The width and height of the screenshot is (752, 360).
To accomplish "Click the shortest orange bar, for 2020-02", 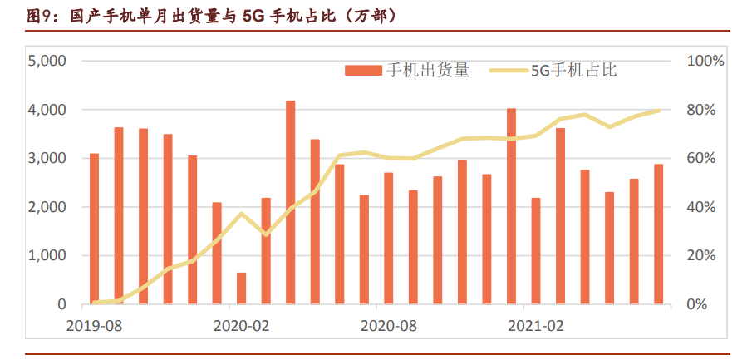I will pos(242,288).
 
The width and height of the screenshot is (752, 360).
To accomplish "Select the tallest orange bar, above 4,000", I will pos(291,202).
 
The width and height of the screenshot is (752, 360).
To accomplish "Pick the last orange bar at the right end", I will pos(659,234).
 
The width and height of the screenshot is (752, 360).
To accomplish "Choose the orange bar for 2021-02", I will pos(536,251).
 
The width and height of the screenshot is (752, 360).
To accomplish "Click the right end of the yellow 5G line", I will pos(660,110).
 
